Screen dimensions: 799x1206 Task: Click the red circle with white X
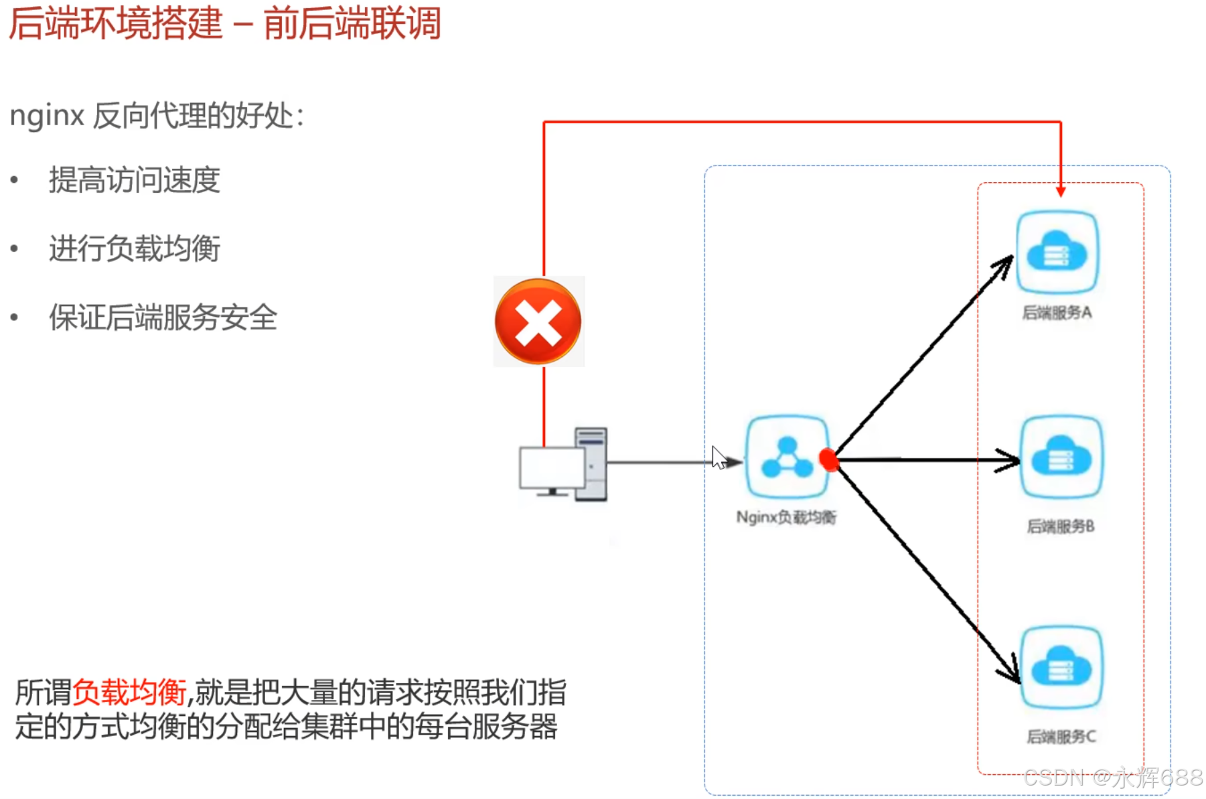pos(538,321)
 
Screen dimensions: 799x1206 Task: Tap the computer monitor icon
pos(552,469)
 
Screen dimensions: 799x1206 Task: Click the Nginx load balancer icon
pos(787,457)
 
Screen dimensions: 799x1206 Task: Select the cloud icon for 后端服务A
pos(1057,252)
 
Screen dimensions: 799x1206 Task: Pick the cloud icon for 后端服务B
pos(1061,457)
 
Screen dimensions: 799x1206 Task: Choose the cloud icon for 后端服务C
pos(1061,667)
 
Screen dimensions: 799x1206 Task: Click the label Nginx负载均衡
pos(786,517)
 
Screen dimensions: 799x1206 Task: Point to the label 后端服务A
pos(1057,313)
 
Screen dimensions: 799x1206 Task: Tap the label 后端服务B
pos(1061,526)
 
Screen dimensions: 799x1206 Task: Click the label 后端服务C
pos(1061,737)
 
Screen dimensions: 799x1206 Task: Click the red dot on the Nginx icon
pos(828,459)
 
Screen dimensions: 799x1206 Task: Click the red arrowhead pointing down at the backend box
pos(1061,192)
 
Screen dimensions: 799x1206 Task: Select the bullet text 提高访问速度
pos(135,180)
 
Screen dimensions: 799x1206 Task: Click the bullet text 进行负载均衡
pos(135,248)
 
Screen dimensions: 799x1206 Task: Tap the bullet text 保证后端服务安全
pos(163,317)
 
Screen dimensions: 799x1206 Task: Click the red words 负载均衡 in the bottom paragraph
pos(129,692)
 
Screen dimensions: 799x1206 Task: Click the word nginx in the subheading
pos(46,116)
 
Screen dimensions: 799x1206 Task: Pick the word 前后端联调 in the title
pos(352,23)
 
